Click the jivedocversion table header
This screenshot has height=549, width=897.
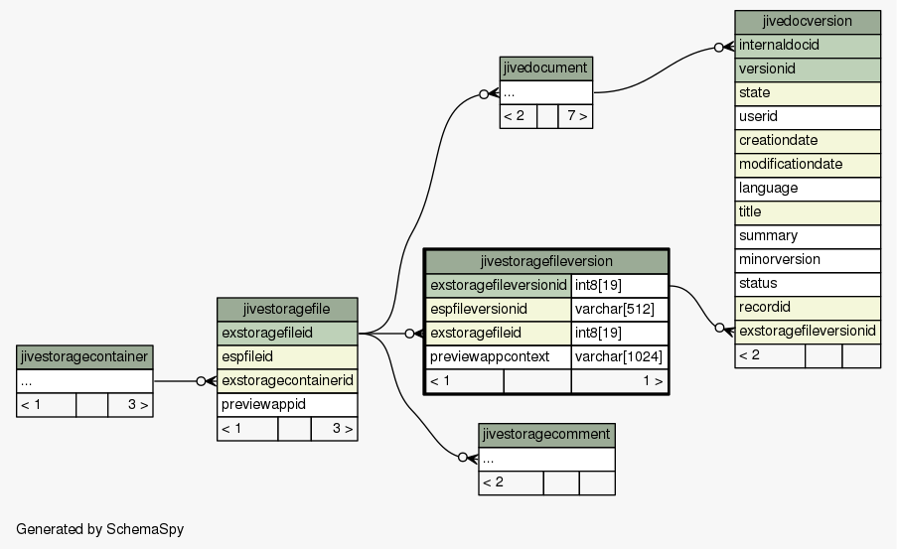pyautogui.click(x=808, y=22)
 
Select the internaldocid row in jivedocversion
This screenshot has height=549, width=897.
pyautogui.click(x=808, y=46)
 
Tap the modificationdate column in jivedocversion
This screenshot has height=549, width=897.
pyautogui.click(x=808, y=165)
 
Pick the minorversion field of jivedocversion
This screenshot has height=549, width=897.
pyautogui.click(x=808, y=260)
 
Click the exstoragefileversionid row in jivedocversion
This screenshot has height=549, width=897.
pyautogui.click(x=808, y=332)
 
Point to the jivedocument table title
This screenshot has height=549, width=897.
pyautogui.click(x=545, y=69)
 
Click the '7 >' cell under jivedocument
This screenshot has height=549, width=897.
pyautogui.click(x=575, y=117)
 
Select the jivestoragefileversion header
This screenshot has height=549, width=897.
pyautogui.click(x=546, y=262)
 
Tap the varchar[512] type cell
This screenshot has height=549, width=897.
pyautogui.click(x=619, y=310)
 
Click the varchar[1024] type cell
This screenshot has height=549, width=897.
pyautogui.click(x=619, y=356)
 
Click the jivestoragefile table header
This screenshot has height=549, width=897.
pyautogui.click(x=287, y=310)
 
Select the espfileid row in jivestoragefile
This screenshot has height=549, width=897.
pyautogui.click(x=287, y=357)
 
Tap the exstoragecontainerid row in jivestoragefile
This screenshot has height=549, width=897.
pyautogui.click(x=287, y=381)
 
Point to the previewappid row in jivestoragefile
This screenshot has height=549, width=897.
pyautogui.click(x=287, y=405)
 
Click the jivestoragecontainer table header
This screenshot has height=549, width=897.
pyautogui.click(x=84, y=357)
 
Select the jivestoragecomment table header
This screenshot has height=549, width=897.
pyautogui.click(x=547, y=435)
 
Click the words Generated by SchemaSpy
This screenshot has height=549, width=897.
pyautogui.click(x=100, y=529)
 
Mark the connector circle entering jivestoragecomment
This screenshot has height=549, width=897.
pyautogui.click(x=463, y=458)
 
